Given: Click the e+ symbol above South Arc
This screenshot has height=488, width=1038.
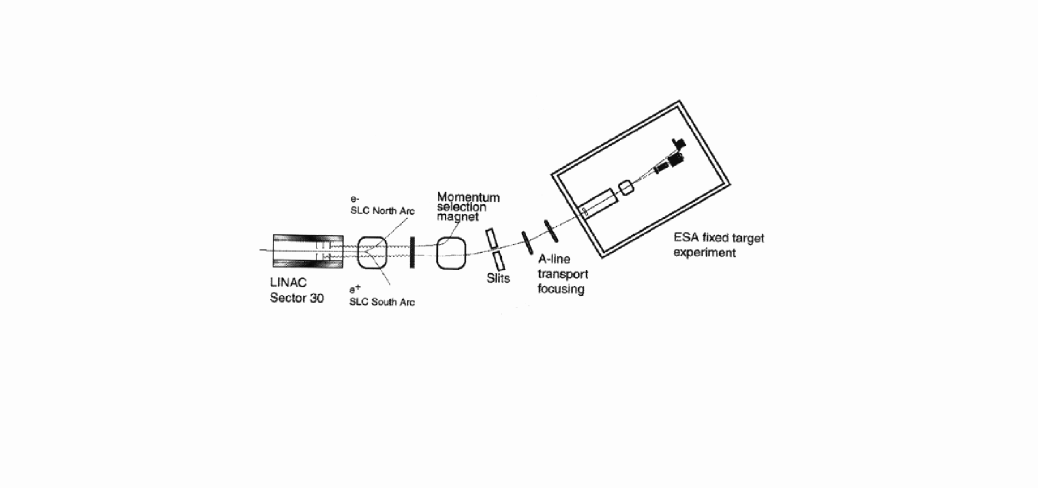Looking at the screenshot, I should tap(355, 290).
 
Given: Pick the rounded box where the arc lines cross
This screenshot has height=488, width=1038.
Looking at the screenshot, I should tap(371, 252).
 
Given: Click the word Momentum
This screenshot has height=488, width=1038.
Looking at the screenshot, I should tap(468, 197).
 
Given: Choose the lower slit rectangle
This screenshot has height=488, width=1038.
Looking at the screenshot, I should tap(499, 260).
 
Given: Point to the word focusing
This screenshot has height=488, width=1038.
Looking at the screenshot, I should tap(561, 288).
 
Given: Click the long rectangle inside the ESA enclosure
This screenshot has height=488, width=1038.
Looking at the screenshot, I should tap(597, 203).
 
